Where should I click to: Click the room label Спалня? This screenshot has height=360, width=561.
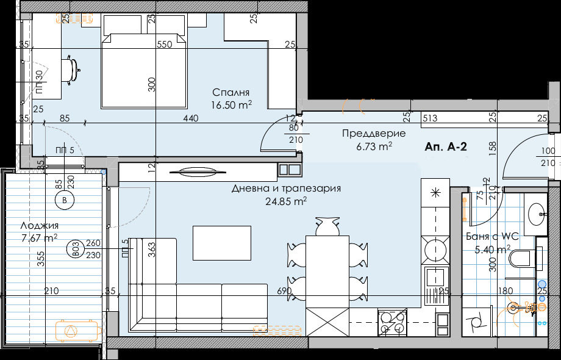[231, 93]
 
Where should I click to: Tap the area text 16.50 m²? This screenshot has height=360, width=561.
[231, 105]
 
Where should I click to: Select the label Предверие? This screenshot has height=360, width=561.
[365, 134]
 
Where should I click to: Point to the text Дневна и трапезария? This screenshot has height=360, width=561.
[286, 189]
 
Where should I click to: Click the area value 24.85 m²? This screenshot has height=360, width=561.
[286, 201]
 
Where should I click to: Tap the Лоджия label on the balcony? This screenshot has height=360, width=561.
[35, 226]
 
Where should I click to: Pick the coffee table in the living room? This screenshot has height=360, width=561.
[222, 242]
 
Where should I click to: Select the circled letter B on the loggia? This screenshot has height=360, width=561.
[64, 199]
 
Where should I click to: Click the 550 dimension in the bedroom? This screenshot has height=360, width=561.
[164, 45]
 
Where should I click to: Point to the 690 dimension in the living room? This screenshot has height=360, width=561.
[284, 292]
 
